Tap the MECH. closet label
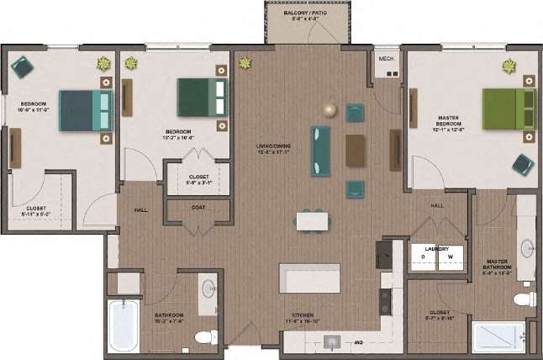[x=387, y=59]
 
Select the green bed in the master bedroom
[x=509, y=109]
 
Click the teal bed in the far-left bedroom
[x=86, y=110]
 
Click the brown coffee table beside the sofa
[x=356, y=150]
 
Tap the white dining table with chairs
[x=313, y=220]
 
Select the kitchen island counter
[x=309, y=278]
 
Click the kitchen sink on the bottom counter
[x=332, y=341]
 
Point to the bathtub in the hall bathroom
[x=124, y=326]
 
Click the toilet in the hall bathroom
[x=203, y=336]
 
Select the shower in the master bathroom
[x=498, y=336]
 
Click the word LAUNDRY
[x=436, y=248]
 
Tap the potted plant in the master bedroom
[x=509, y=66]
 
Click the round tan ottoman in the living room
[x=330, y=110]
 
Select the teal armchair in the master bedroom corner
[x=522, y=164]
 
